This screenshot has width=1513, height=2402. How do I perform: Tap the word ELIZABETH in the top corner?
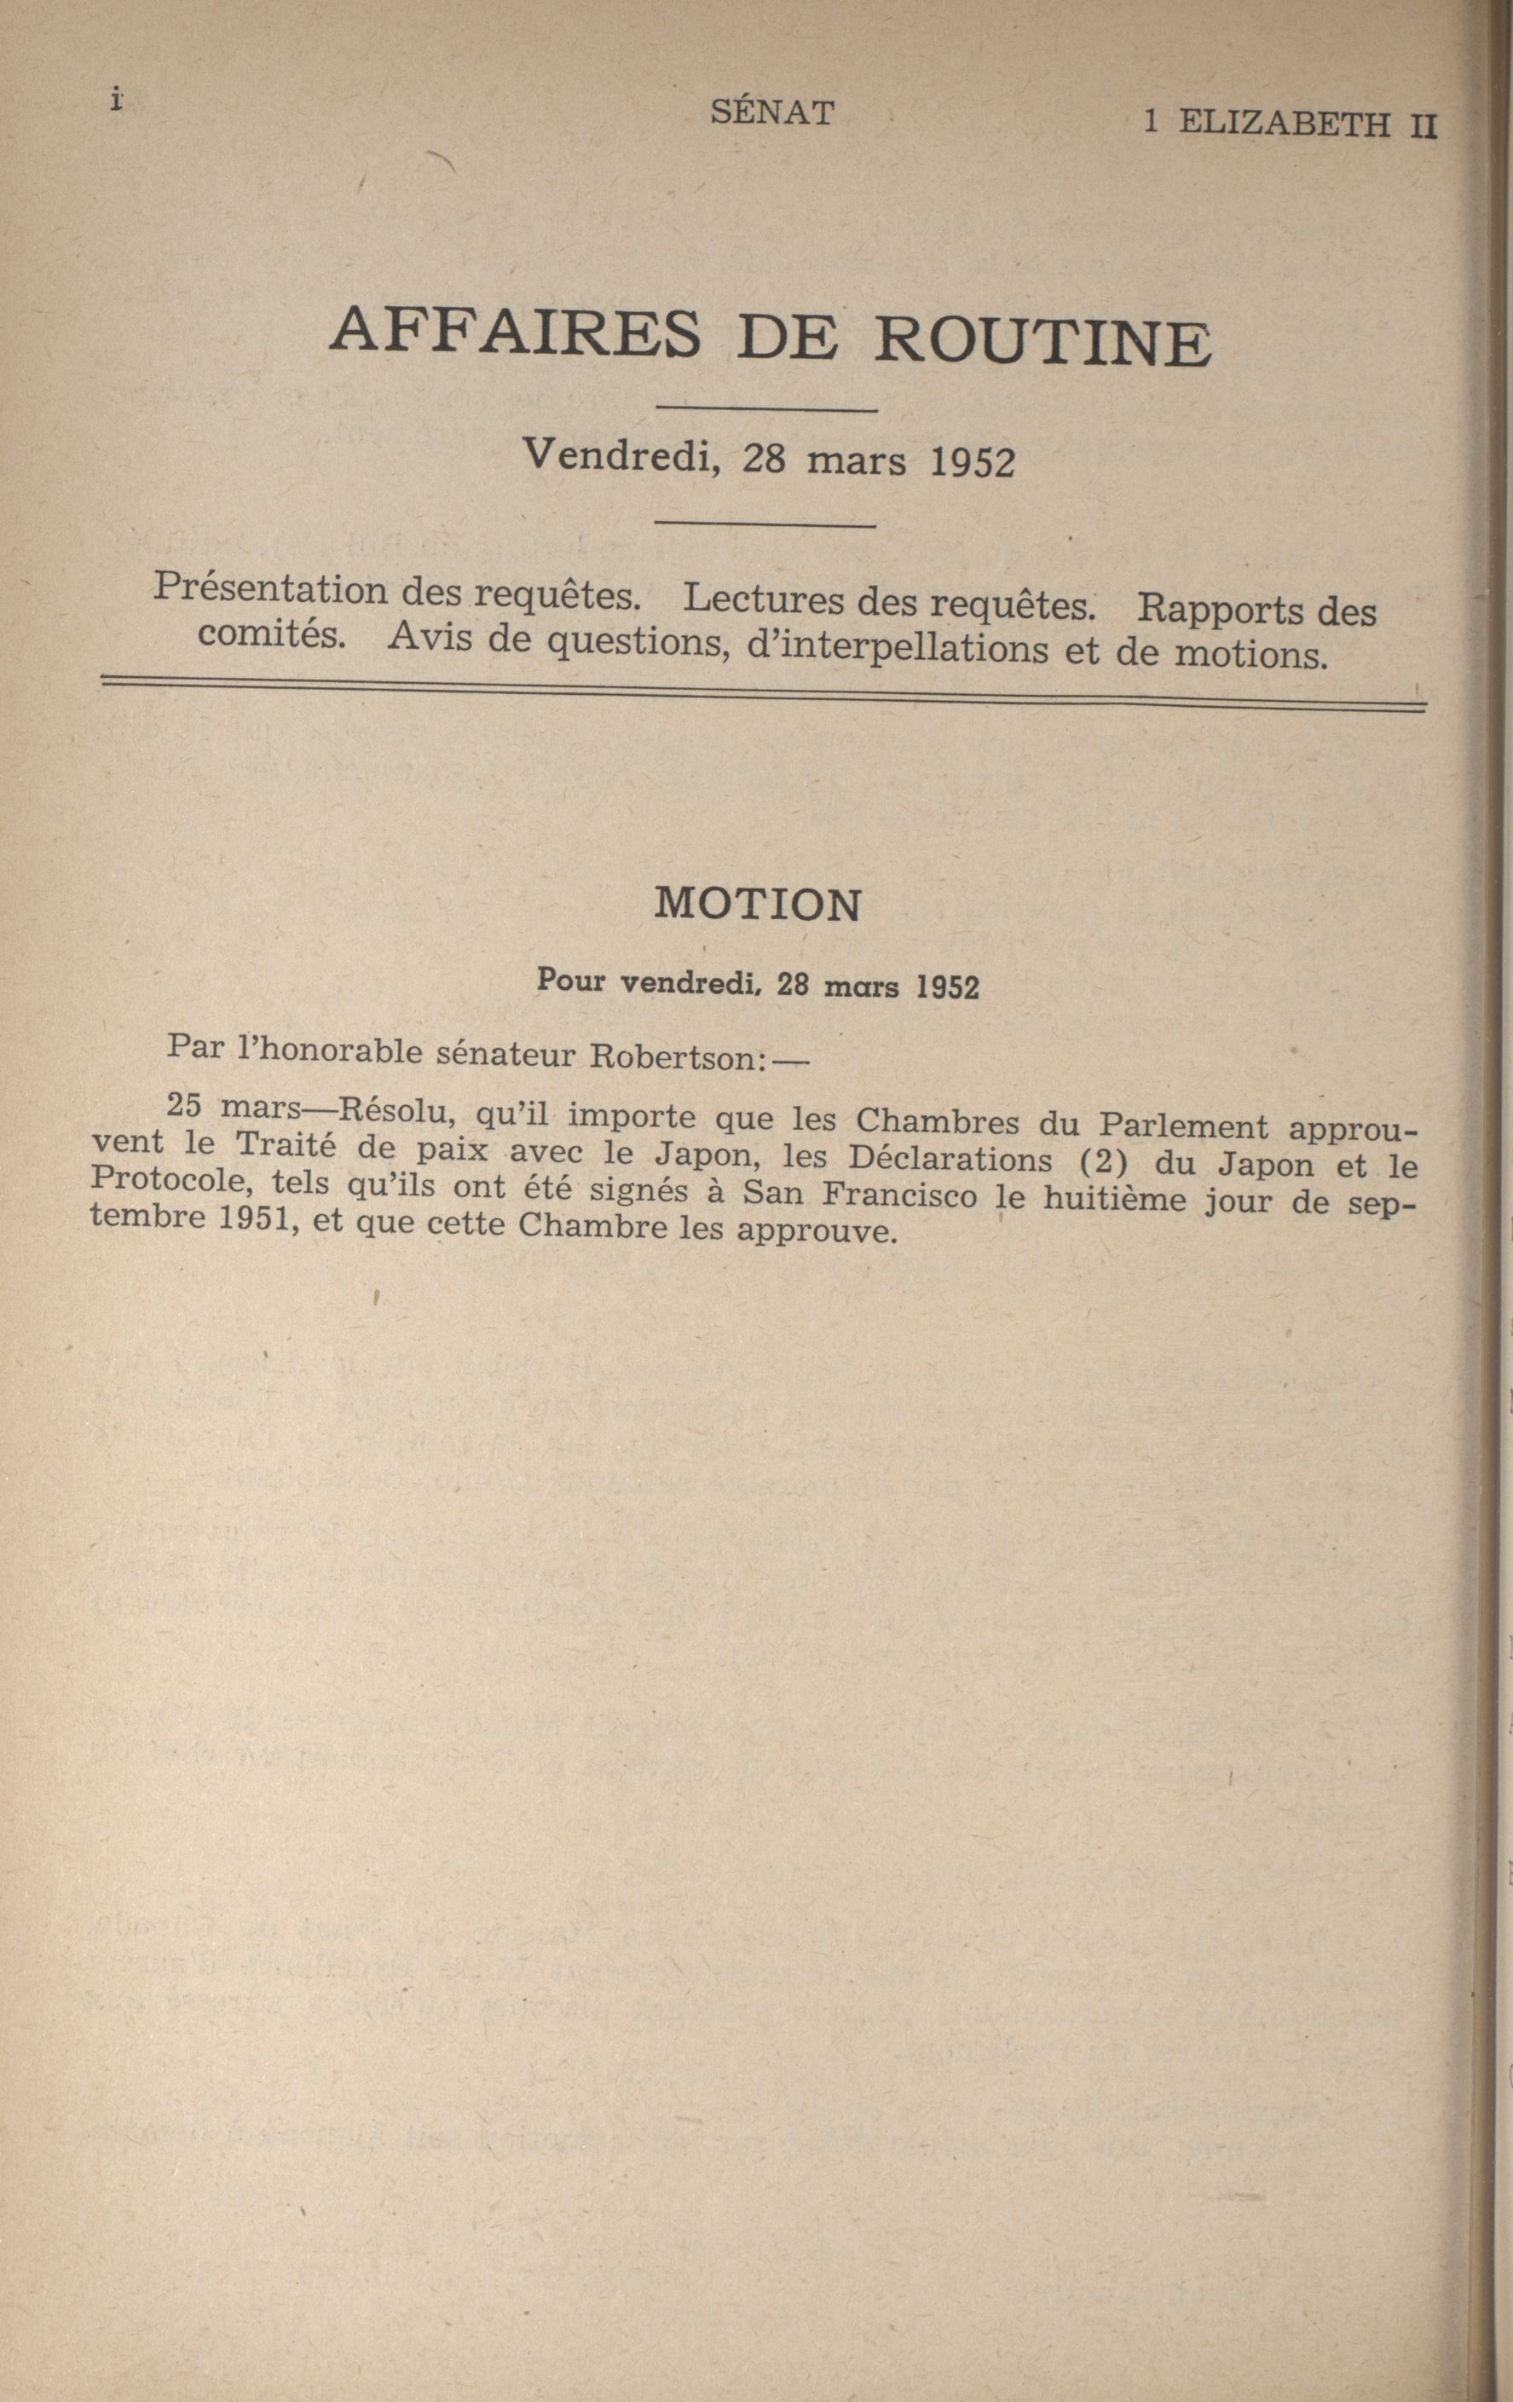pyautogui.click(x=1284, y=124)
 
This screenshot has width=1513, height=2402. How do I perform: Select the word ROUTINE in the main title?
pyautogui.click(x=1043, y=342)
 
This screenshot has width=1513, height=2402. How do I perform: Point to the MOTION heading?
pyautogui.click(x=757, y=904)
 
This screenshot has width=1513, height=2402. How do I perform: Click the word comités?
pyautogui.click(x=271, y=634)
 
